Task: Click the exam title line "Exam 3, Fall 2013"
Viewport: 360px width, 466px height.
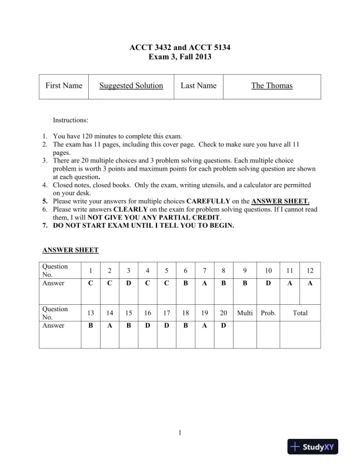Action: point(181,57)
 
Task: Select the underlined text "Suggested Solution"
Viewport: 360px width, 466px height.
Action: point(131,86)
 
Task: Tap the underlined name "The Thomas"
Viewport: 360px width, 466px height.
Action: point(272,86)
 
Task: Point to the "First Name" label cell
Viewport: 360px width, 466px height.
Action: point(64,86)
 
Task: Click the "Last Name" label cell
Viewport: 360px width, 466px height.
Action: point(198,86)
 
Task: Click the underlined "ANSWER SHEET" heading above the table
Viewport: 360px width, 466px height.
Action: point(70,250)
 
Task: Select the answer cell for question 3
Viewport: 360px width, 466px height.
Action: point(128,283)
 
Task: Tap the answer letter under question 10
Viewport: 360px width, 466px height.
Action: point(268,283)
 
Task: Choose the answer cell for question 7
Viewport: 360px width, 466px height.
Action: point(204,283)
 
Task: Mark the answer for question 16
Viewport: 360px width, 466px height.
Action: point(148,325)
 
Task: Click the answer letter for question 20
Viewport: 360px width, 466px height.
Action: point(224,325)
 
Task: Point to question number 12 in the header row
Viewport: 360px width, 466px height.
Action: point(310,271)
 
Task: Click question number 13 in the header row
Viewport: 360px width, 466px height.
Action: point(91,313)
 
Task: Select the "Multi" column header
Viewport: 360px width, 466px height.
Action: point(245,313)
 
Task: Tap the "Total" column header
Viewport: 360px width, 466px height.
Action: point(300,313)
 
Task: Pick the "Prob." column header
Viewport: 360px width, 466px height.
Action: point(268,313)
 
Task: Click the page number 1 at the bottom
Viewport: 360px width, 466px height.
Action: point(180,434)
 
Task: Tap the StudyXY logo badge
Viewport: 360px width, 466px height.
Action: point(315,448)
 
